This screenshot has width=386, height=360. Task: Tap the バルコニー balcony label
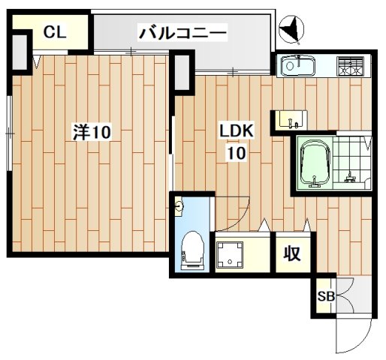(182, 32)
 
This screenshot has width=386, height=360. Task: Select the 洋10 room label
(92, 133)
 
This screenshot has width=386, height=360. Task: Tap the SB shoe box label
(326, 295)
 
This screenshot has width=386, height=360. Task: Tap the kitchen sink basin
(298, 67)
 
